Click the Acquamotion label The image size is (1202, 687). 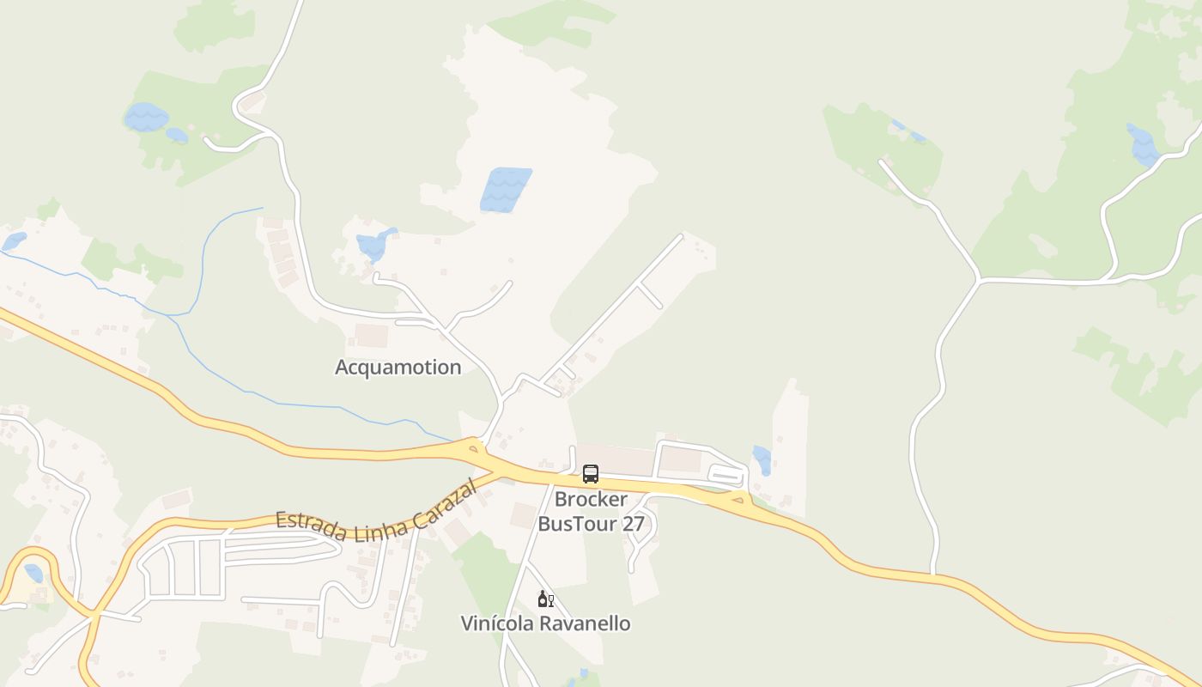coord(398,368)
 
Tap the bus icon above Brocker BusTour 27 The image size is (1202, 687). coord(591,473)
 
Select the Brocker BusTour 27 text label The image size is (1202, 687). coord(591,511)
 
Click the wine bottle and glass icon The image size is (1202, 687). coord(545,599)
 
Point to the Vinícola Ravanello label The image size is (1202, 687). coord(545,623)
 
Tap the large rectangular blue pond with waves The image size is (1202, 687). coord(506,190)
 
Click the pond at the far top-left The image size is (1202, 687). coord(147,117)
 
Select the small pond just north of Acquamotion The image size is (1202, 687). coord(374,245)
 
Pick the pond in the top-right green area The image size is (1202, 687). coord(1143,145)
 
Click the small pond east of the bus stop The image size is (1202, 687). coord(762,459)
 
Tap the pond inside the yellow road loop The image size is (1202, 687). coord(33,573)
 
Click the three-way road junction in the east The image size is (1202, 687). coord(978,280)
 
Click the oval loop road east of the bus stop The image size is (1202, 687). coord(726,475)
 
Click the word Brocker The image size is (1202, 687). coord(591,499)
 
